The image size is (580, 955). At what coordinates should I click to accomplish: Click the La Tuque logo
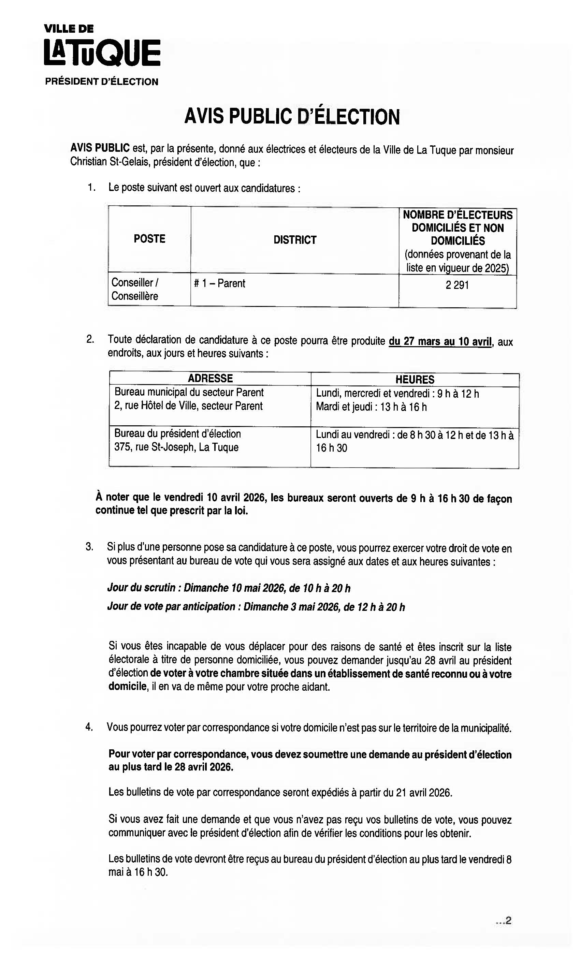click(102, 52)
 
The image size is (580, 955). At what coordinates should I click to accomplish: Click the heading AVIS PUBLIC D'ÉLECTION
click(292, 116)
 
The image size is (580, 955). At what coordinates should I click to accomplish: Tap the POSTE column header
click(149, 239)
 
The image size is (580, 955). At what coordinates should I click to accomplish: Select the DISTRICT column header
click(295, 240)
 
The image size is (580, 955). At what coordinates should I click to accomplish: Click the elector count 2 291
click(457, 285)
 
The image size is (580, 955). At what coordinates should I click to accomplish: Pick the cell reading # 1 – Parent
click(219, 283)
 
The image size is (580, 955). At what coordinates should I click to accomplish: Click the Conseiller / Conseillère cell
click(135, 289)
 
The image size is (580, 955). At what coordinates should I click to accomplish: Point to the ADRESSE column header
click(210, 378)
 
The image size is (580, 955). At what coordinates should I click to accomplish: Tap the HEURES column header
click(415, 379)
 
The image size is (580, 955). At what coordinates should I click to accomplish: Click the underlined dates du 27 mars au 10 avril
click(440, 341)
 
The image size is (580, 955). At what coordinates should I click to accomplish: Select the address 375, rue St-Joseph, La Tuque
click(176, 447)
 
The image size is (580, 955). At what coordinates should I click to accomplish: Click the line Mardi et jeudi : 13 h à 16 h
click(371, 407)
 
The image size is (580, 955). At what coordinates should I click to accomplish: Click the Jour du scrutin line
click(229, 588)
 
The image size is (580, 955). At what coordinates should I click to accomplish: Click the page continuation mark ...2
click(504, 921)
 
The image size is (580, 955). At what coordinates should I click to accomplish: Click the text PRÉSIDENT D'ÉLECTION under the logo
click(102, 82)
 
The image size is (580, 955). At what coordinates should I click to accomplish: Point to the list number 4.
click(89, 727)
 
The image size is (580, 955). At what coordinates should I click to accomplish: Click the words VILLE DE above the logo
click(69, 29)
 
